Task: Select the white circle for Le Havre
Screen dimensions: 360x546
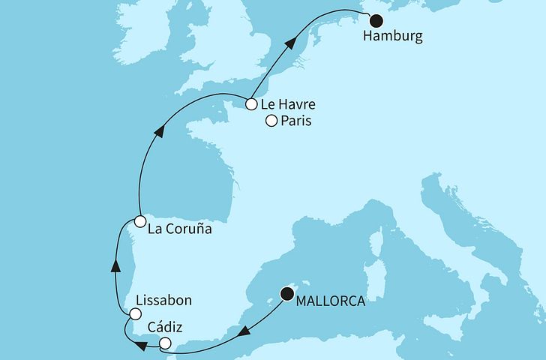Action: click(251, 104)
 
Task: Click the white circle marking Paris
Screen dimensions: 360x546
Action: click(271, 121)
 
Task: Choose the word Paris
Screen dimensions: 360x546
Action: click(296, 121)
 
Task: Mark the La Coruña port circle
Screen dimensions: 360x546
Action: click(140, 220)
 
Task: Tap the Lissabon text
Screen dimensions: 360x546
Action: click(163, 301)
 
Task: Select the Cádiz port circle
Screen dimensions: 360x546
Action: click(165, 344)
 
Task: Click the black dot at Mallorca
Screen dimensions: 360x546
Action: click(286, 294)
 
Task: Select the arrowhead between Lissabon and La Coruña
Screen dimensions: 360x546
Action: click(115, 264)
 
